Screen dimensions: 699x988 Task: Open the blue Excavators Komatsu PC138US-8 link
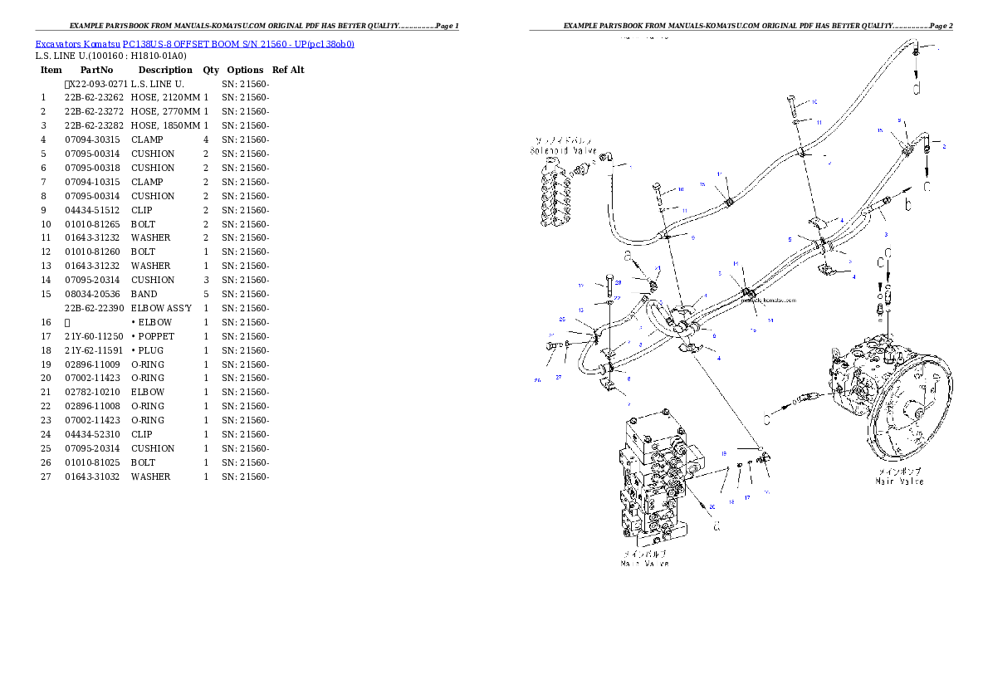tap(194, 44)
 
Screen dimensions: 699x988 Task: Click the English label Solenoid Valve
tap(564, 151)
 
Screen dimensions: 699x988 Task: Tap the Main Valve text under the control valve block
tap(644, 564)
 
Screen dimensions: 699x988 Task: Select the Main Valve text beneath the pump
tap(899, 481)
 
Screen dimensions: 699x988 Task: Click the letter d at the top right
tap(917, 89)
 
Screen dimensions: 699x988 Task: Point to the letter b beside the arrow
tap(908, 203)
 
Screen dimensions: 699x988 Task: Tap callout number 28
tap(618, 283)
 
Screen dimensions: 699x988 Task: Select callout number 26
tap(537, 381)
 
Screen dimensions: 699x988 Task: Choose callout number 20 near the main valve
tap(712, 506)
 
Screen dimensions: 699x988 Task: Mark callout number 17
tap(746, 498)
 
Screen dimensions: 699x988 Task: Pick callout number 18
tap(731, 502)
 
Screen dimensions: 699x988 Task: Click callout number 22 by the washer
tap(618, 297)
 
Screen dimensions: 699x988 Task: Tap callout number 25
tap(562, 320)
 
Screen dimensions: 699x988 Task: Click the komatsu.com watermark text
tap(769, 301)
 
